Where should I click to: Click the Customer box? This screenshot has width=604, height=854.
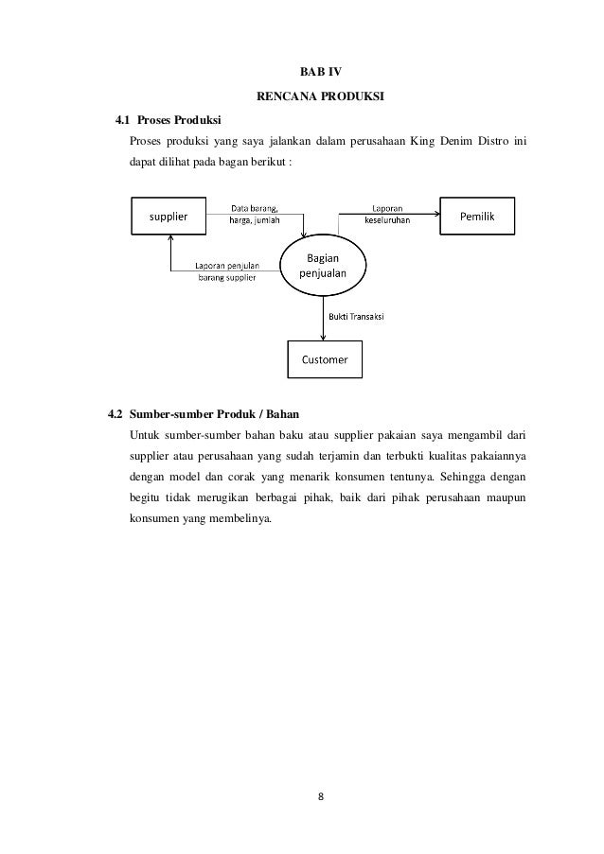click(x=324, y=358)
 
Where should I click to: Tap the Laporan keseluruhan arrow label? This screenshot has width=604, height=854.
click(x=386, y=215)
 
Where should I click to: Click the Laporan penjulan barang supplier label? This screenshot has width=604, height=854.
click(x=226, y=271)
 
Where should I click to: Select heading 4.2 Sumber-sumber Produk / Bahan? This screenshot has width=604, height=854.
click(x=201, y=414)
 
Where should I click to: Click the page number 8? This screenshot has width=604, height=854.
click(x=320, y=794)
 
